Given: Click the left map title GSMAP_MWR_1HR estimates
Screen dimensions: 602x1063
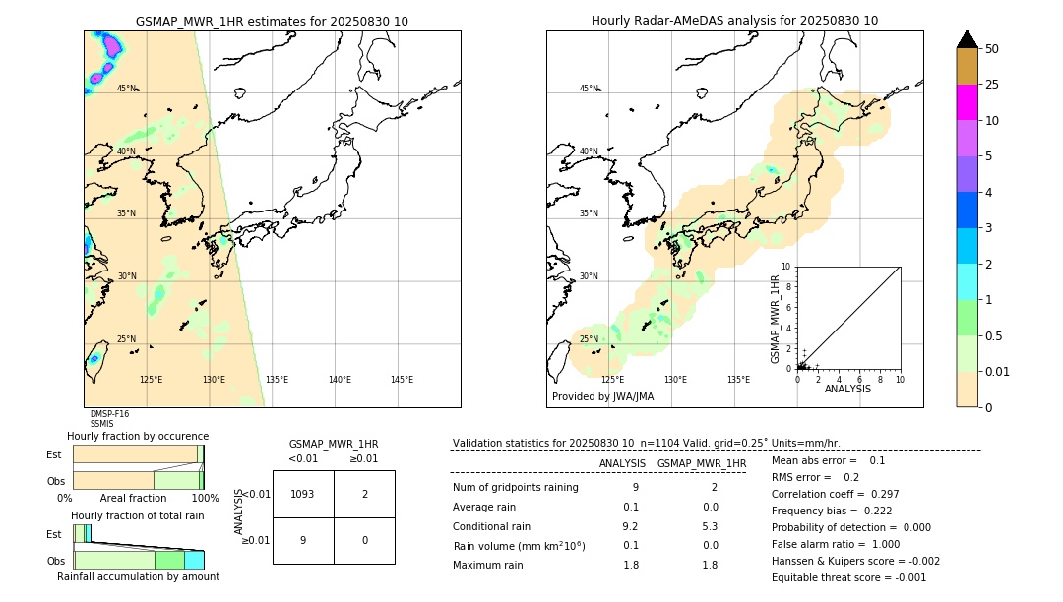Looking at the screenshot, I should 272,21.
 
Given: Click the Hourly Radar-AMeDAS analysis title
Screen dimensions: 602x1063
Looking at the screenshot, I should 734,21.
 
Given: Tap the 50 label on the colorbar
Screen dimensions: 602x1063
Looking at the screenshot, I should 992,49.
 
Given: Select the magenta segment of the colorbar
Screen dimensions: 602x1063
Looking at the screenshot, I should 967,102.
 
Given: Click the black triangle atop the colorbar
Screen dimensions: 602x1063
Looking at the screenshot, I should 967,39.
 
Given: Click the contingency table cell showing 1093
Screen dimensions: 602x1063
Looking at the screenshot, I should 302,494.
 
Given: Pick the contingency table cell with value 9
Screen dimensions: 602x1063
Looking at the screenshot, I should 302,540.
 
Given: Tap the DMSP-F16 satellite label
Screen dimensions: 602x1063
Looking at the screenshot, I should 109,414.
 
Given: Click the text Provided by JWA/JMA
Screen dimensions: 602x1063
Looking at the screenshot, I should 602,397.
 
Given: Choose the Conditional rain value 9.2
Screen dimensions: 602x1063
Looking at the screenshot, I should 630,526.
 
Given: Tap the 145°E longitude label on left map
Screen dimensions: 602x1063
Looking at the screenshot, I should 402,380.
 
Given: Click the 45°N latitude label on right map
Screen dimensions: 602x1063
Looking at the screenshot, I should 589,89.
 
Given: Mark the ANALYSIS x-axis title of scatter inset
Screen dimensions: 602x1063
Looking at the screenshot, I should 847,389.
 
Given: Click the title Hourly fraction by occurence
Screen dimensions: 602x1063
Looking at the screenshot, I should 138,436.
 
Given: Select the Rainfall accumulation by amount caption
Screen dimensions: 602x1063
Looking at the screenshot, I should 138,576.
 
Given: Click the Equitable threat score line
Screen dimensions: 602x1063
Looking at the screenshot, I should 848,577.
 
